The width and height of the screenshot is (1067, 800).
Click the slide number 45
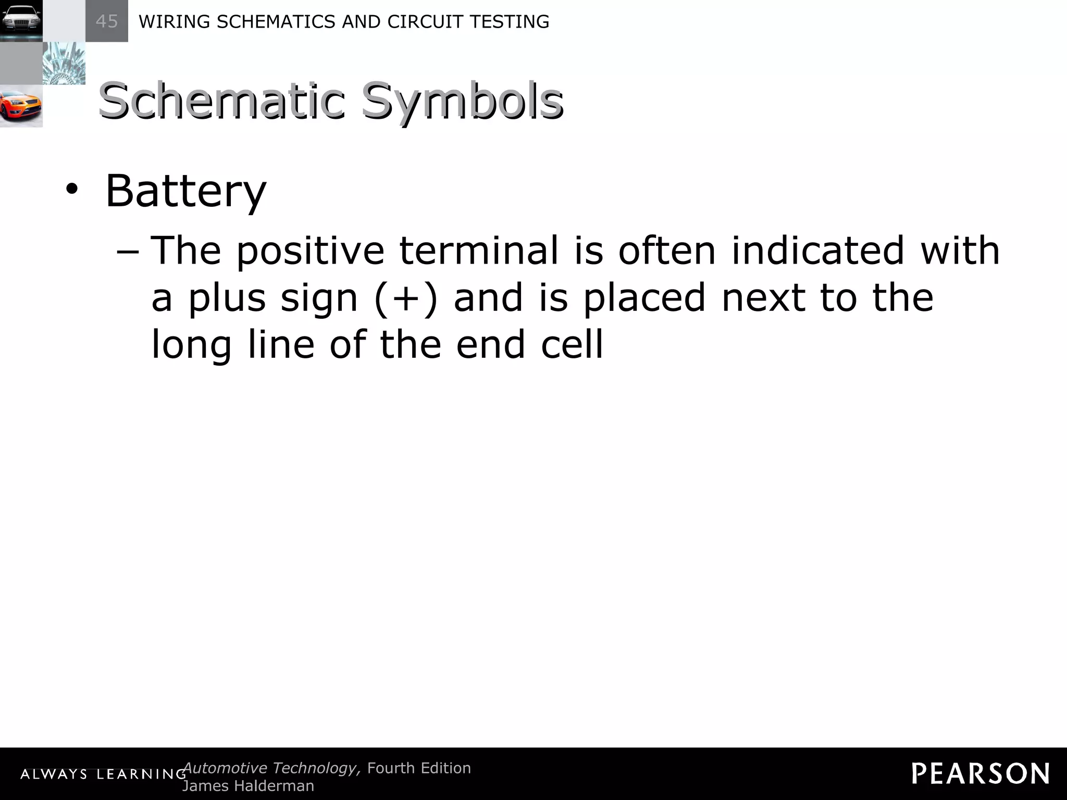(x=107, y=21)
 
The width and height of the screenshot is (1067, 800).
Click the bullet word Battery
(x=185, y=191)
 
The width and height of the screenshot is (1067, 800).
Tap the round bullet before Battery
(x=72, y=191)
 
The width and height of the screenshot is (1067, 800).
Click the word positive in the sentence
(x=310, y=251)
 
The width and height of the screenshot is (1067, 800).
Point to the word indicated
(x=818, y=251)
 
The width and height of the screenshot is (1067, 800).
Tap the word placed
(x=643, y=298)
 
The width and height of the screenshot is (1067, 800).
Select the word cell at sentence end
(x=572, y=344)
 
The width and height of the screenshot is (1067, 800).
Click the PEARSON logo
(x=981, y=773)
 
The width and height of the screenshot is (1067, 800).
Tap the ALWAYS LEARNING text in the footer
(x=103, y=774)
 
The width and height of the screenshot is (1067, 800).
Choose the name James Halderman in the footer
(x=248, y=785)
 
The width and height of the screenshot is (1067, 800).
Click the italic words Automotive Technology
(x=271, y=768)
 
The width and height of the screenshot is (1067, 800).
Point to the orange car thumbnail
(x=21, y=106)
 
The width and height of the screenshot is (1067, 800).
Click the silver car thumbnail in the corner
(x=21, y=21)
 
